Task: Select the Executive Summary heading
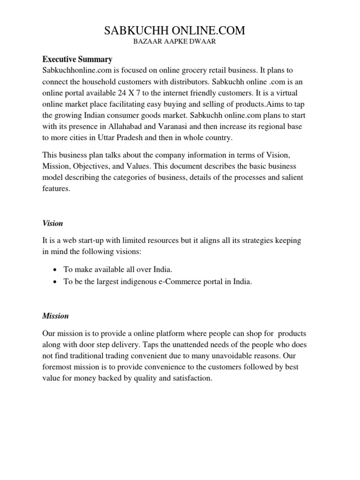tap(77, 60)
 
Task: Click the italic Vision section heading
tap(52, 223)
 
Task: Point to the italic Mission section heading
tap(55, 316)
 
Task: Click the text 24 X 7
tap(131, 93)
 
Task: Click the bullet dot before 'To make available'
tap(56, 270)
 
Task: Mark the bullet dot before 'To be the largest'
tap(56, 282)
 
